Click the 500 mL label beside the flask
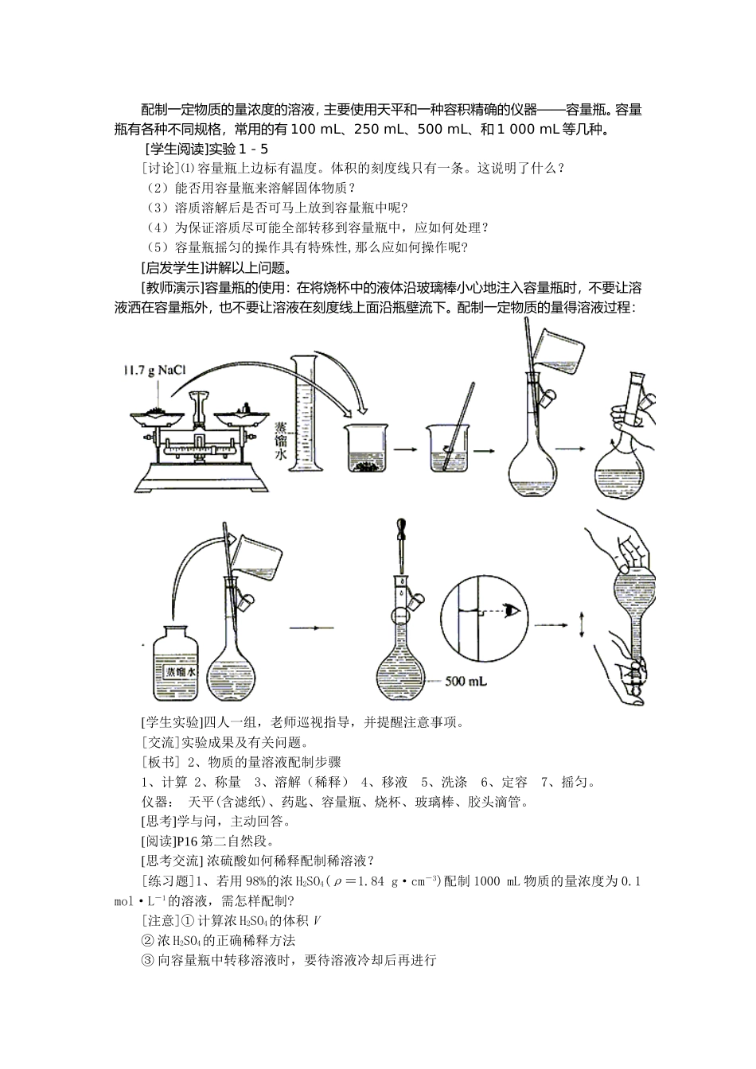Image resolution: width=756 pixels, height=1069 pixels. tap(466, 682)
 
